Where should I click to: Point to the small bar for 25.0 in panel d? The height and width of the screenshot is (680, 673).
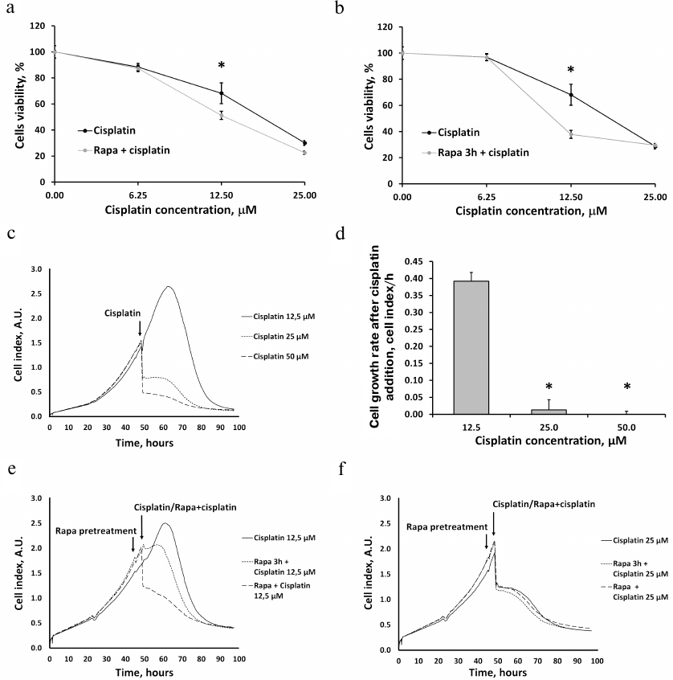click(557, 412)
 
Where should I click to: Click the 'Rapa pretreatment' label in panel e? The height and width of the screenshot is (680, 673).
click(95, 530)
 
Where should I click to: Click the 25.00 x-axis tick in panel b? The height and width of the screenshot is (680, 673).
click(655, 195)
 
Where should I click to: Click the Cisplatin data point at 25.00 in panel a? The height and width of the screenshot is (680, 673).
click(304, 143)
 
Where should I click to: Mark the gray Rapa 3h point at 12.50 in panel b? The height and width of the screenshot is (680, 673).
click(571, 133)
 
